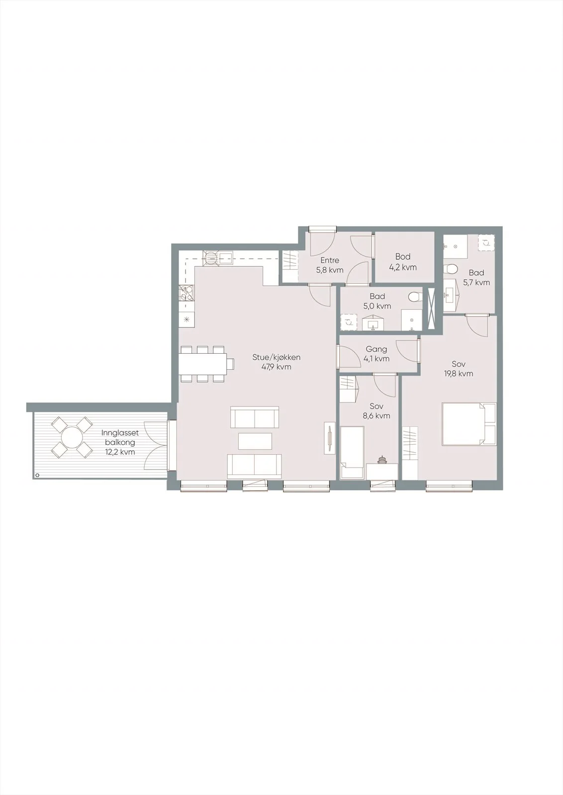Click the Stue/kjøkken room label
277,357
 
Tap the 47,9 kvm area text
277,367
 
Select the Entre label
330,260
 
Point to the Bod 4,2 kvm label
403,261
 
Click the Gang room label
376,349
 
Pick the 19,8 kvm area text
459,373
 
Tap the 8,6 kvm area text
376,415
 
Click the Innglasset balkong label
120,438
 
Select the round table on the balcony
72,438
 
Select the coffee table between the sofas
255,441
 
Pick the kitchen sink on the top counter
226,258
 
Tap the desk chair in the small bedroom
382,460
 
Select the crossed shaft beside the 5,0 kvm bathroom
432,308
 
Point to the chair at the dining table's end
231,364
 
